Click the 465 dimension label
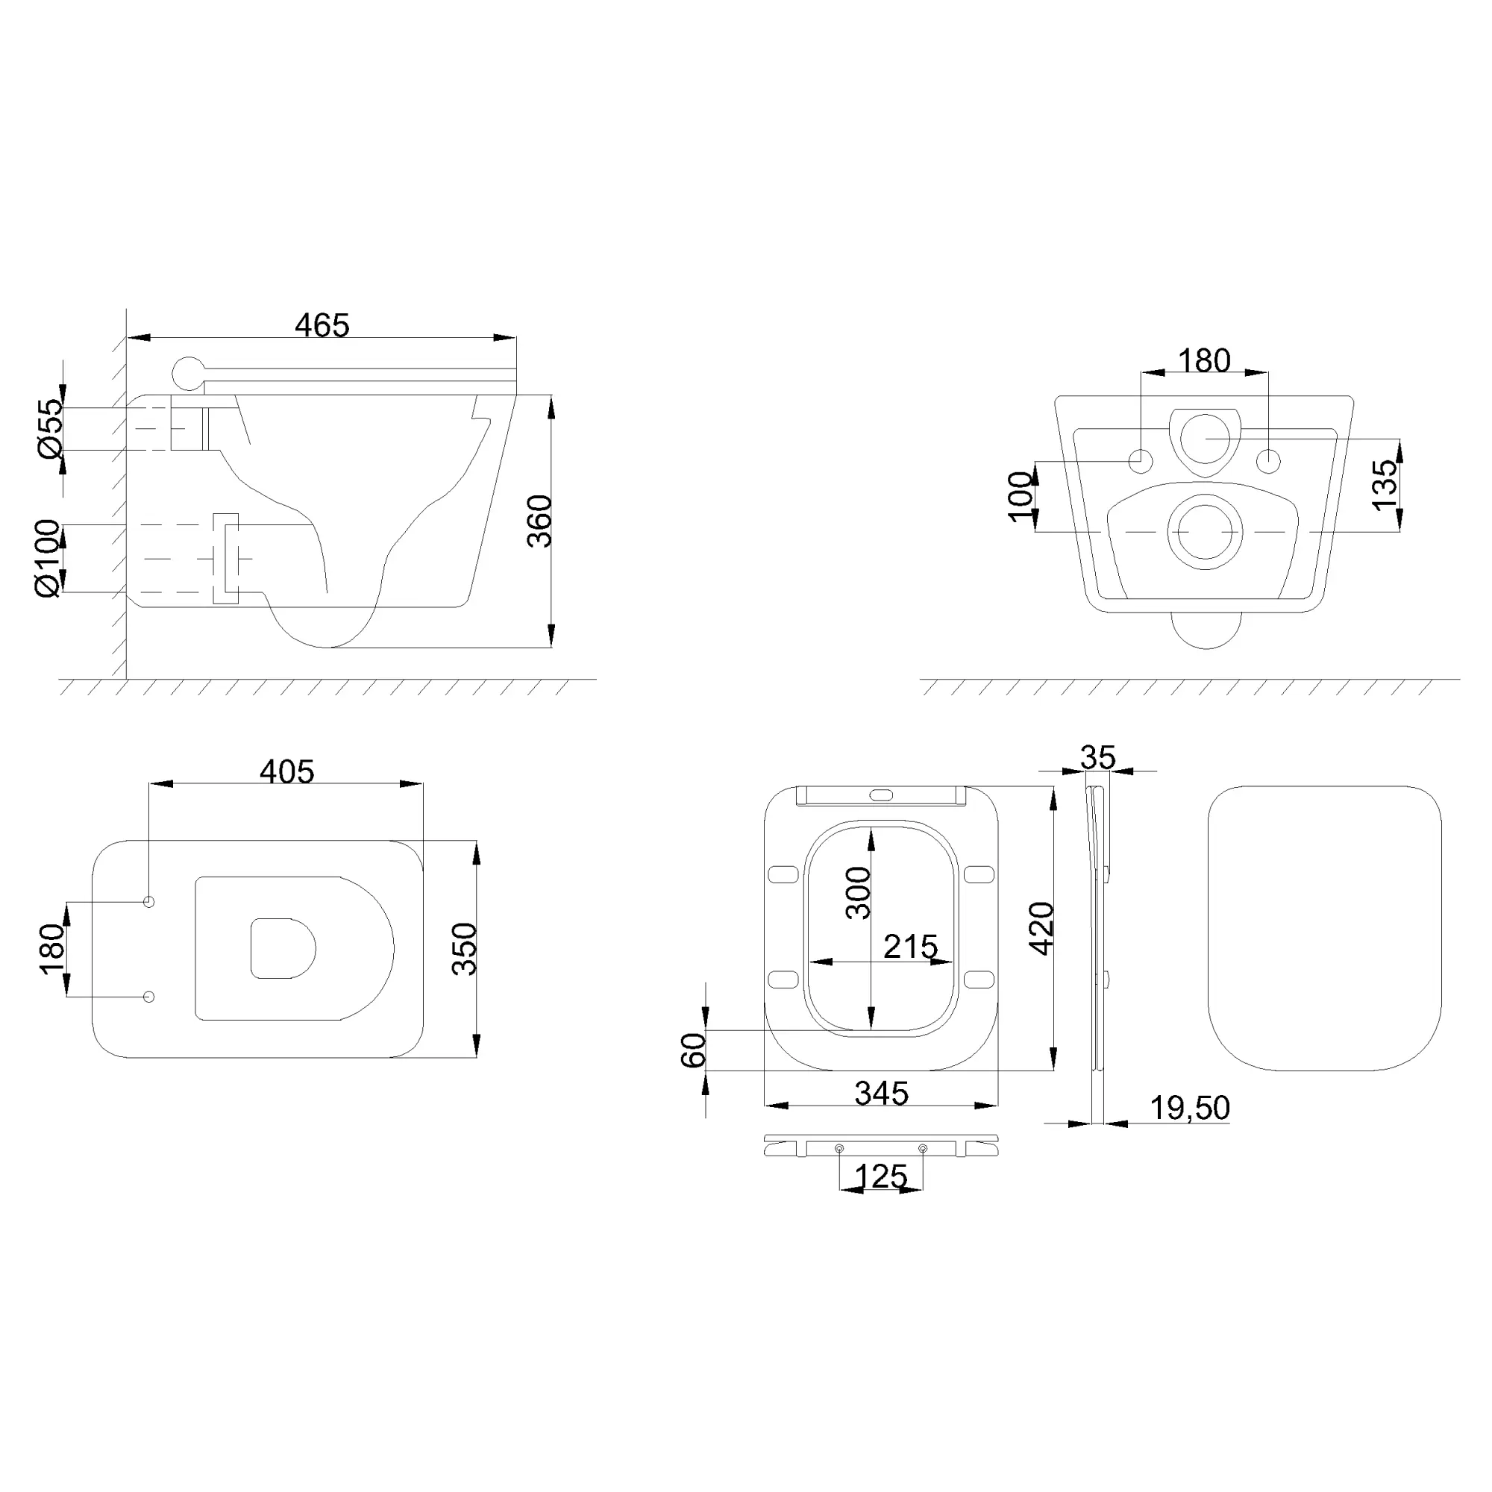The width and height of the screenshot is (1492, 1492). tap(322, 325)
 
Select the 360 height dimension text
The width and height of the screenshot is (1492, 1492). tap(540, 521)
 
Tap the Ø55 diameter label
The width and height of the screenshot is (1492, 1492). tap(49, 429)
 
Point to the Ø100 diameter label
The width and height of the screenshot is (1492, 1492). tap(47, 558)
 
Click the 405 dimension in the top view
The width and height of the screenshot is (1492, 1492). tap(287, 771)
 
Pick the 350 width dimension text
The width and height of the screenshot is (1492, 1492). tap(465, 949)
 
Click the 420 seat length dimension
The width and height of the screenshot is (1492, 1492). tap(1041, 928)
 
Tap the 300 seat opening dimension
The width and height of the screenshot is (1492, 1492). tap(858, 893)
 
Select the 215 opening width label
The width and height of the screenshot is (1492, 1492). tap(910, 947)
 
